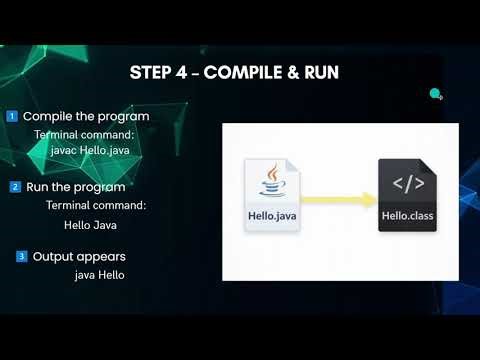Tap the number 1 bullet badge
point(11,116)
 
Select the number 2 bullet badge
point(15,187)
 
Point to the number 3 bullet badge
point(22,257)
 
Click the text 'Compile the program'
point(85,116)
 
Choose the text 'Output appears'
point(77,257)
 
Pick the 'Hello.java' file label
point(272,215)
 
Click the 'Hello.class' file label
point(406,215)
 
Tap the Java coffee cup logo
point(271,183)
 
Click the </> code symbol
point(406,184)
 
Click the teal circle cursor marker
point(435,94)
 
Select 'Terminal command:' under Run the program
point(95,205)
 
